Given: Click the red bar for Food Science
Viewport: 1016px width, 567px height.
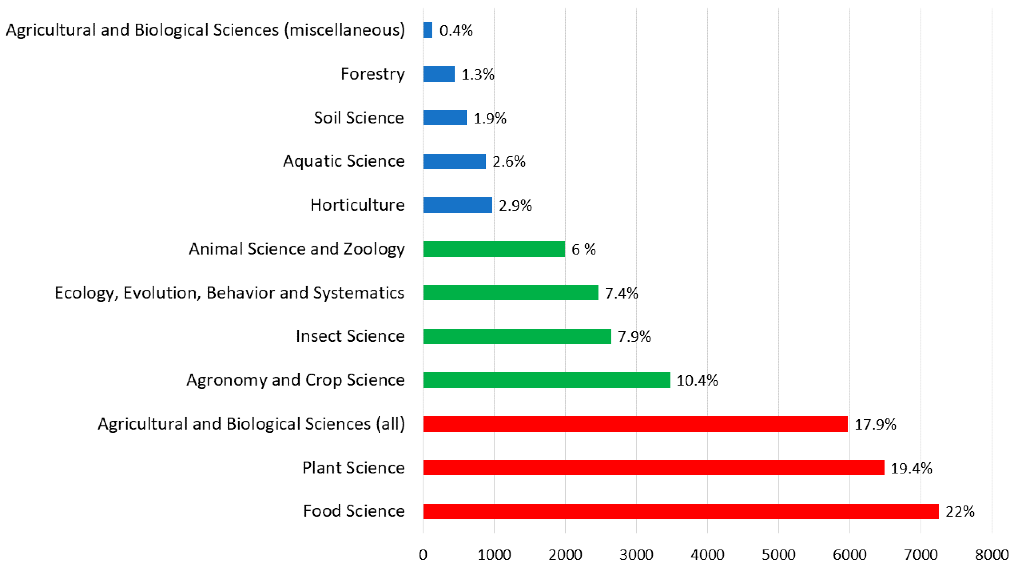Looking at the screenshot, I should point(680,511).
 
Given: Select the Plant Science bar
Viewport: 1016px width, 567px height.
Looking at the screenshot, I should point(654,468).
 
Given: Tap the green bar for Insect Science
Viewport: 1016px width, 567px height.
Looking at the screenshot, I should point(517,336).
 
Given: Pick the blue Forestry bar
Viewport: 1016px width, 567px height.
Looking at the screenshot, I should point(439,74).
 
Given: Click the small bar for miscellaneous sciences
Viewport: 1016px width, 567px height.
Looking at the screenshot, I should point(428,30).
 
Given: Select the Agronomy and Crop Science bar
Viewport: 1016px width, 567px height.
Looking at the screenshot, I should point(547,380).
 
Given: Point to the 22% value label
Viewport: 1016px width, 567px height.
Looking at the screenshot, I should point(960,512).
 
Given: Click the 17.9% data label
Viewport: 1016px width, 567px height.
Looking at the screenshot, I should point(875,424).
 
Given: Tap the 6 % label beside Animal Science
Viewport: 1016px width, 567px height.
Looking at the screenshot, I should point(583,249).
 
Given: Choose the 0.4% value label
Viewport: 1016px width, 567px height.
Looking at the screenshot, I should point(456,30).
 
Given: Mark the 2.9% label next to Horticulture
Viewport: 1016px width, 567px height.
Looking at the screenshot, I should point(515,205).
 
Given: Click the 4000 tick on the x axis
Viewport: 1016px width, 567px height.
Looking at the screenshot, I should point(707,555).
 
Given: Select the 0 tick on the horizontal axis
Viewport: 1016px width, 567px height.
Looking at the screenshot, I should point(423,555).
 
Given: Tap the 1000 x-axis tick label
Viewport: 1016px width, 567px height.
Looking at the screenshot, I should point(494,555).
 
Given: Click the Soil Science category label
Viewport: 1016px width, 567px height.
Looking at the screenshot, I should point(358,118).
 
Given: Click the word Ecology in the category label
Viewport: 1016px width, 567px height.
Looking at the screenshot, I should point(84,293).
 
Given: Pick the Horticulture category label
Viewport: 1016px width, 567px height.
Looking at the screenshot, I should point(357,205).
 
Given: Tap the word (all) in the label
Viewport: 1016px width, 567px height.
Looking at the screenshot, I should point(390,424).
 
